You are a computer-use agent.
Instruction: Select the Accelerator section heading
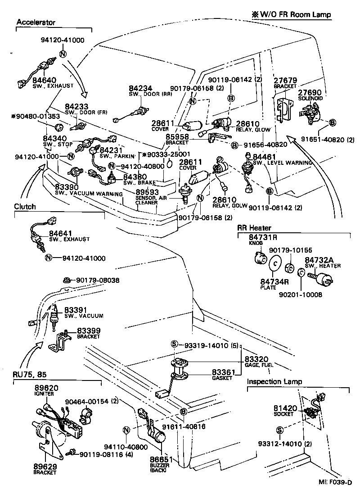36,22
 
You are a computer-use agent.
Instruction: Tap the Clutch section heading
25,207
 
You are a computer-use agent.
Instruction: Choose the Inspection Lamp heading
274,381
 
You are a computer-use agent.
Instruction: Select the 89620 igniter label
46,388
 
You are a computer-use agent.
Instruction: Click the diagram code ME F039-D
335,483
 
